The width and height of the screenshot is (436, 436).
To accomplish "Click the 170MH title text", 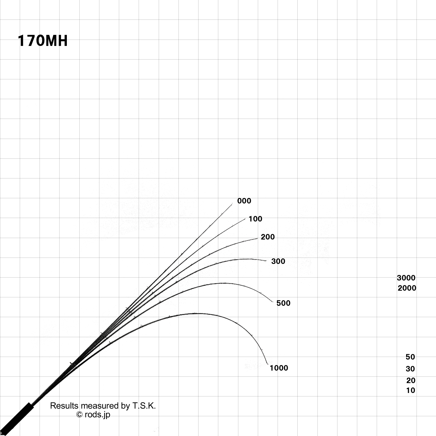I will (x=43, y=41).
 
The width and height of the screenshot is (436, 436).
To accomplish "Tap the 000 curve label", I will (x=244, y=201).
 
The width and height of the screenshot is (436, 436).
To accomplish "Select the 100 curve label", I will (x=255, y=219).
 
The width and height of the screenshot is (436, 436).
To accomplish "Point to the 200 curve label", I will (x=267, y=237).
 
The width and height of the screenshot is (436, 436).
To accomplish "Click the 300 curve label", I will (x=278, y=261).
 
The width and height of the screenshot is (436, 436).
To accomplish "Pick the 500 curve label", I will (x=283, y=303).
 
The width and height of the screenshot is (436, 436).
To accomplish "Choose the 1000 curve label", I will (x=279, y=368).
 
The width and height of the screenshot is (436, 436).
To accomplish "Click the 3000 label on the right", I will (x=406, y=278).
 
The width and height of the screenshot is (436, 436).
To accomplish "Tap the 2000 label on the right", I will (x=407, y=288).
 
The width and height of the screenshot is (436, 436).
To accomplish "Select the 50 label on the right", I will (x=410, y=357).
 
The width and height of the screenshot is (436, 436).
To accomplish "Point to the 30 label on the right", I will (x=410, y=369).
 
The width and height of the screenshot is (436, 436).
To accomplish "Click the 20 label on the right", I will (x=411, y=380).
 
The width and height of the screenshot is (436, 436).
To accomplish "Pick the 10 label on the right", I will (x=410, y=390).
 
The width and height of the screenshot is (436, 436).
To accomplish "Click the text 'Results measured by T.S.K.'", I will (x=103, y=406).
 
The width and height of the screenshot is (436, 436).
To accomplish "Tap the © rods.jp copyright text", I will (x=93, y=414).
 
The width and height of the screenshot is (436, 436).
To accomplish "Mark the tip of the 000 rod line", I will (x=232, y=204).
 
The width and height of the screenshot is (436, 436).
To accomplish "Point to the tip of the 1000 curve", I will (x=268, y=364).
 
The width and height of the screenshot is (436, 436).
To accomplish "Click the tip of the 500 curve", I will (x=273, y=302).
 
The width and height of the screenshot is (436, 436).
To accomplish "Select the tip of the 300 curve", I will (x=266, y=261).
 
